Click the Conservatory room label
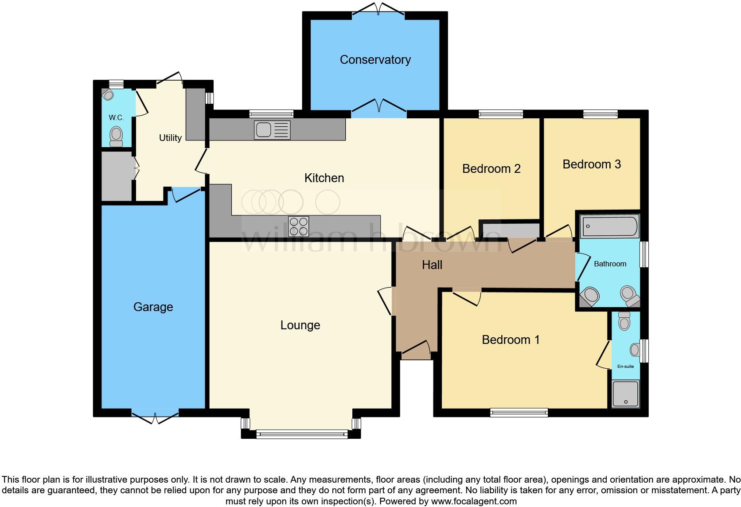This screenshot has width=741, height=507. click(x=375, y=60)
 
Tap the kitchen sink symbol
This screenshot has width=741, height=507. click(x=272, y=130)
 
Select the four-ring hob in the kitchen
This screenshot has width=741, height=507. click(x=298, y=226)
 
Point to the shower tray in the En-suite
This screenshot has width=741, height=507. click(x=625, y=394)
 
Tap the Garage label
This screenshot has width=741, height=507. click(x=153, y=307)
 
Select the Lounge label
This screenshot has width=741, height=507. click(x=300, y=325)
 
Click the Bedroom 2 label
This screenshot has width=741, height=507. click(x=491, y=169)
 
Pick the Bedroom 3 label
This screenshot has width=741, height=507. click(x=592, y=164)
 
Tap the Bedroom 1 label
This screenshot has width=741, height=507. click(x=511, y=340)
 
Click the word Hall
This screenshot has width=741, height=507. click(x=432, y=265)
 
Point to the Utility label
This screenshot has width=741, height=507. click(x=170, y=138)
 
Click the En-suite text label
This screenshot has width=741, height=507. click(x=625, y=367)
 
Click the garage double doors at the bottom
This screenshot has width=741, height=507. click(x=155, y=414)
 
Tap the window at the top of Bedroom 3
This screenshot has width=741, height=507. click(x=600, y=114)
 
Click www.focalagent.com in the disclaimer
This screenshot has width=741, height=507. click(x=474, y=501)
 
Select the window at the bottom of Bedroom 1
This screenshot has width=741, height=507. click(x=519, y=413)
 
